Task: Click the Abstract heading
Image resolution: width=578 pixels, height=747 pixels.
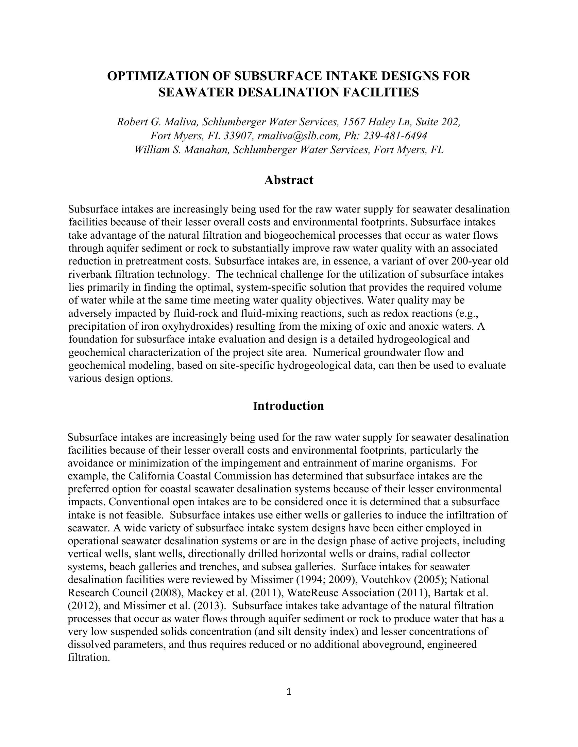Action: (289, 180)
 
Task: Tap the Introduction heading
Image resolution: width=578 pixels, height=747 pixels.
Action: (289, 406)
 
